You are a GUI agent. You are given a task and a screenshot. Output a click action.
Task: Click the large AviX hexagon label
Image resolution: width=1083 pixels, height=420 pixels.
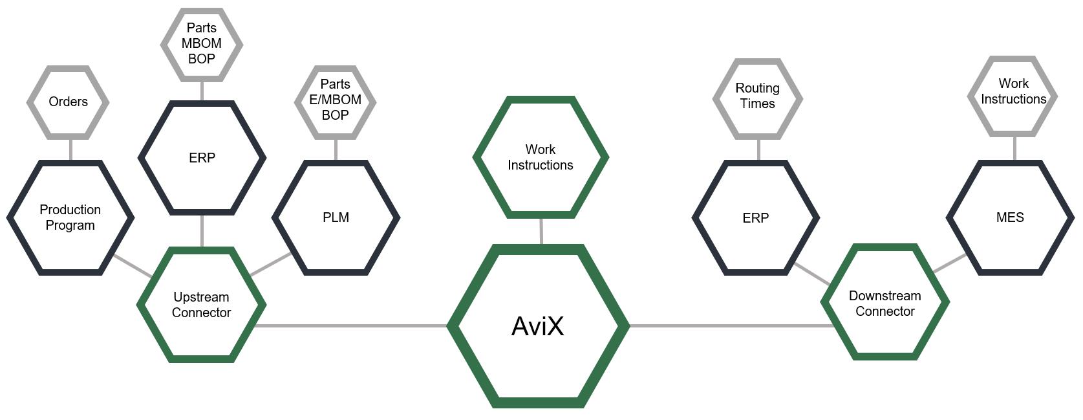[x=538, y=326]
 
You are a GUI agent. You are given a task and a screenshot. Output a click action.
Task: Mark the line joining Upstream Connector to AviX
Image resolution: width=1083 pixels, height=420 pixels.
[x=351, y=326]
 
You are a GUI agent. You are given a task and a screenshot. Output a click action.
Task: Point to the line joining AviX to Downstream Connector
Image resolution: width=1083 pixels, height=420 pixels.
[x=731, y=326]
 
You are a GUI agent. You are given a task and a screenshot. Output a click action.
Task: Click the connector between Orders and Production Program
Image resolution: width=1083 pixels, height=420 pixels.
[x=70, y=150]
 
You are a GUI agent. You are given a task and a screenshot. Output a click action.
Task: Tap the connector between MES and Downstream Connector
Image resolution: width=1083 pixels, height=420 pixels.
[x=950, y=263]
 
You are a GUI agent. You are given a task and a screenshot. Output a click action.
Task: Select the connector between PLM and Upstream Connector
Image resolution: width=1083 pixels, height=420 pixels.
[x=271, y=263]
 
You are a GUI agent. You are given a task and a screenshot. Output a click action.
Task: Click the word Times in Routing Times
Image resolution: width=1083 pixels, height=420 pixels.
[x=758, y=104]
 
